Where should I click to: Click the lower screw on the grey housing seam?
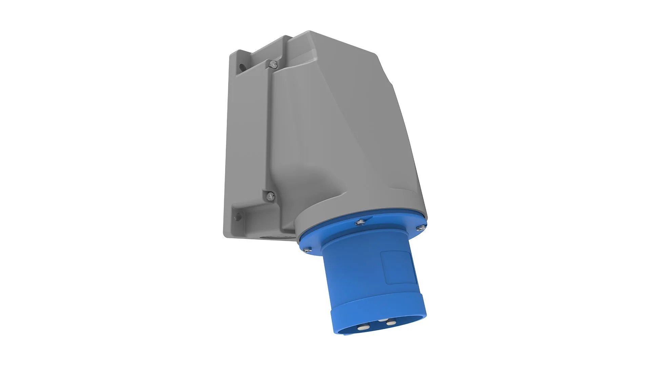pyautogui.click(x=270, y=195)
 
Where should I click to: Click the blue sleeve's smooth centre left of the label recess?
pyautogui.click(x=353, y=271)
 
